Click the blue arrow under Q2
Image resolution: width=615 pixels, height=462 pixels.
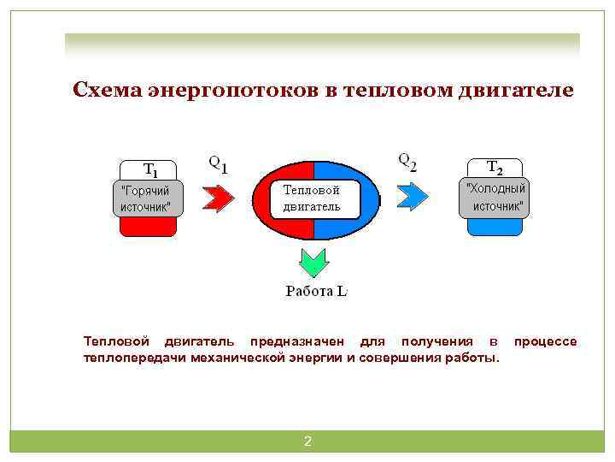pos(413,197)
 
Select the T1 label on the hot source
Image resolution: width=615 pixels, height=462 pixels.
pos(149,169)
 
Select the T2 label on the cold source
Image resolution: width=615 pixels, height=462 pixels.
pos(494,168)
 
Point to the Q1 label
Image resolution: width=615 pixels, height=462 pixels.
pos(219,163)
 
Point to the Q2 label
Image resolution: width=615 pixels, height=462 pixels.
pos(408,161)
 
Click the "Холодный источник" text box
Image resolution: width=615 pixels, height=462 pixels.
pos(494,197)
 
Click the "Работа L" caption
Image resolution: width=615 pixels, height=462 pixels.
pos(316,291)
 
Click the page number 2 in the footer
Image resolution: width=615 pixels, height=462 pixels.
pos(307,441)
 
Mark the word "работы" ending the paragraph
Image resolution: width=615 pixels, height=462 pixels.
pos(474,357)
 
